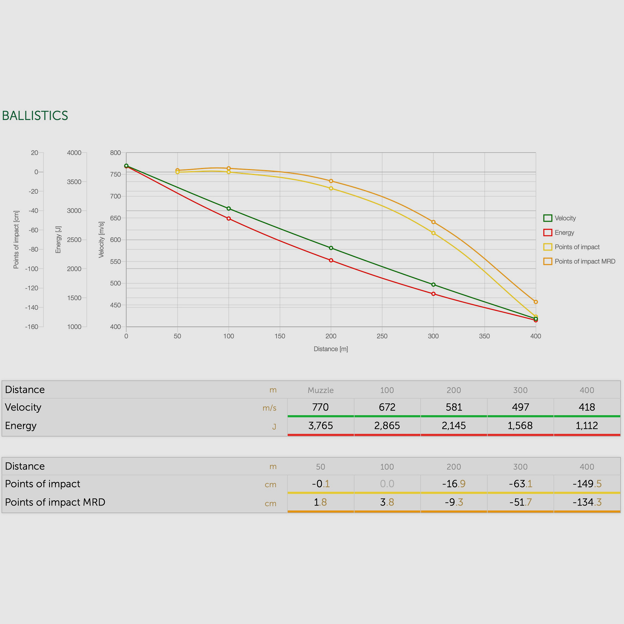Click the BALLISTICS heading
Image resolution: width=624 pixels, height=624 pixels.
[x=35, y=116]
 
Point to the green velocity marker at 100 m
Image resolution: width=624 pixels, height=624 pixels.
[x=229, y=209]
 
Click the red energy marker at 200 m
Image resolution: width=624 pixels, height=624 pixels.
[x=331, y=260]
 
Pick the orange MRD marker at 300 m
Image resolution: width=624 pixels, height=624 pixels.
[x=433, y=222]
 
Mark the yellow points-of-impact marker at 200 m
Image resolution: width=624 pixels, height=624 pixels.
[x=331, y=188]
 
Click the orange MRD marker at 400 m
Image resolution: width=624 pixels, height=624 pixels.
[x=536, y=302]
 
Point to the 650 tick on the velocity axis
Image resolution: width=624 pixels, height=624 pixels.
[x=115, y=218]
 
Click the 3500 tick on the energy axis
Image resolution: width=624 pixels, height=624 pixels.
[x=74, y=182]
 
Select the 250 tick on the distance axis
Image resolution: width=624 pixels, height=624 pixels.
[x=382, y=336]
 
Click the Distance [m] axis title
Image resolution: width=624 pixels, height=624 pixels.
[x=331, y=349]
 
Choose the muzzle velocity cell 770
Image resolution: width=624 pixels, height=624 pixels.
[x=321, y=407]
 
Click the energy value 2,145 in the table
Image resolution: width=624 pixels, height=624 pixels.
[x=454, y=425]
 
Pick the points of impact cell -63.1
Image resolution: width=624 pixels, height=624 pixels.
[x=520, y=484]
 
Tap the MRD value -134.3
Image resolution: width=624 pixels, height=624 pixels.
[x=587, y=502]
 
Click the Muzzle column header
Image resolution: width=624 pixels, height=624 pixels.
[x=321, y=390]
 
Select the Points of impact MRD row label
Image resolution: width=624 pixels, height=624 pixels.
[x=55, y=502]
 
